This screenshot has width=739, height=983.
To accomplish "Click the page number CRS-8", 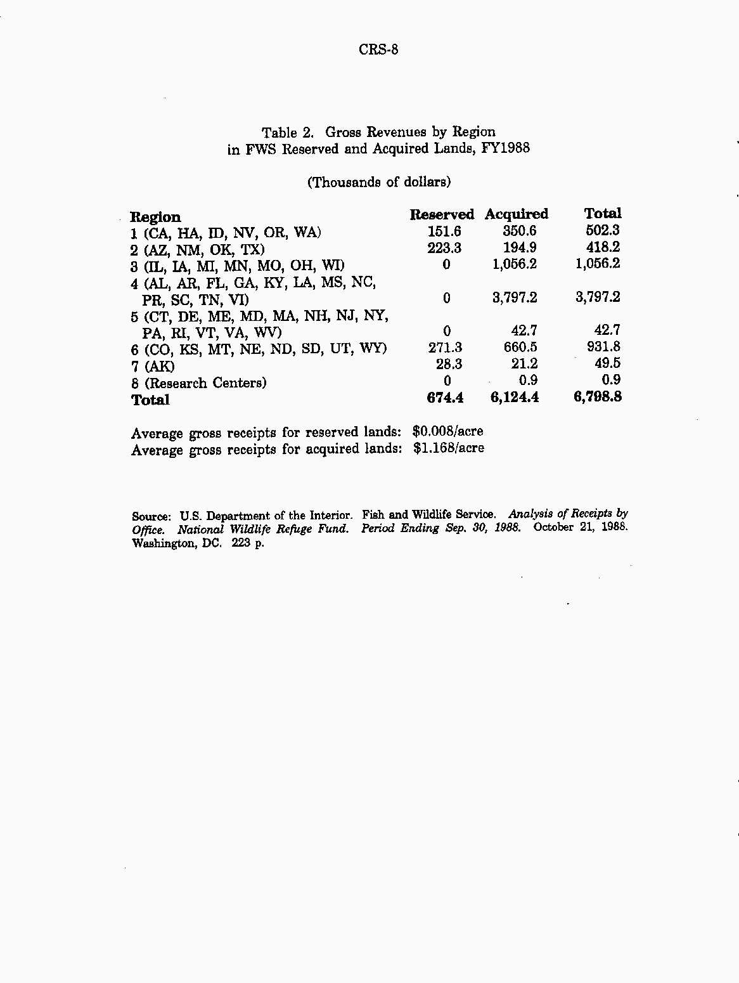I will coord(378,49).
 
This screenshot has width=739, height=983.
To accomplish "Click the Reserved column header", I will coord(441,214).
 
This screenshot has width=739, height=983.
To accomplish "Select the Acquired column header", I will coord(516,214).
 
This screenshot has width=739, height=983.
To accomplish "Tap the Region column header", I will coord(155,217).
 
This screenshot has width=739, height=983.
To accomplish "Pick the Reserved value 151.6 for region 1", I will coord(444,231).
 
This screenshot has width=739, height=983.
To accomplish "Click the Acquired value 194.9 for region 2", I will coord(520,248).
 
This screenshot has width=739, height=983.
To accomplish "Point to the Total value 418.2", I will coord(603,247).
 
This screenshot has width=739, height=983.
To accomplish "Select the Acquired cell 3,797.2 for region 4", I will coord(515,297).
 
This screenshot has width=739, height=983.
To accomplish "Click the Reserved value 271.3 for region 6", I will coord(445,348).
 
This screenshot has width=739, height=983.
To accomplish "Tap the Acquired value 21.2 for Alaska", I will coord(524,364).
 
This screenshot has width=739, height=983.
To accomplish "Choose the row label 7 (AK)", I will coord(153,367).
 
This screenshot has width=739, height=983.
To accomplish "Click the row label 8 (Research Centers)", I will coord(199,383).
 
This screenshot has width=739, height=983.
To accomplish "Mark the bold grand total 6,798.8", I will coord(597,398).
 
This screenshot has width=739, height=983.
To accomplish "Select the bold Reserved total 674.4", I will coord(445,398).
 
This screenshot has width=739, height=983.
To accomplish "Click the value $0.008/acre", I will coord(447,432).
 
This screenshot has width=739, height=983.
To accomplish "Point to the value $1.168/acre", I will coord(448,448).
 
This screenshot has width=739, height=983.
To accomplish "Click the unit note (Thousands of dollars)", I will coord(379,183).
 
